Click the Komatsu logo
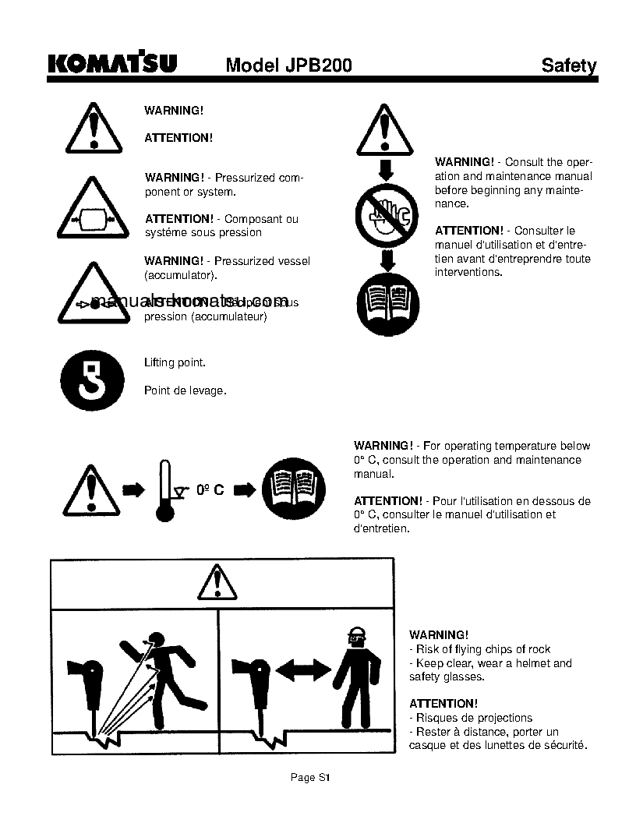[111, 63]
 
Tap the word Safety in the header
[569, 66]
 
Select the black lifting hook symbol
[92, 380]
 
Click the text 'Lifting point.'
[175, 362]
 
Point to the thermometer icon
[164, 490]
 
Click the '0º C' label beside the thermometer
[210, 489]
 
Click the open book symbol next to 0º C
[293, 490]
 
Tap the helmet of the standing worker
[357, 634]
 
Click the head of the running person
[157, 638]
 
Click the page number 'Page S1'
[311, 777]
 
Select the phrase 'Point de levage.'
[185, 390]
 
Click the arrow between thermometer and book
[246, 489]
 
